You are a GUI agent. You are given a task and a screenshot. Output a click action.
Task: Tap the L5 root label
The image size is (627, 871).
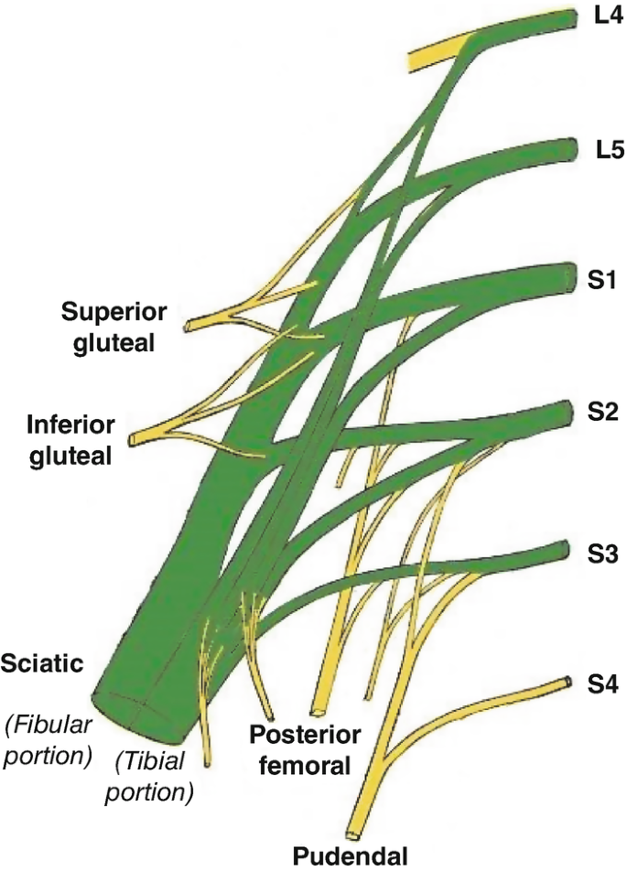pyautogui.click(x=599, y=148)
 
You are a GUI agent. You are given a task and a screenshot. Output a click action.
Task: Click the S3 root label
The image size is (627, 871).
pyautogui.click(x=599, y=553)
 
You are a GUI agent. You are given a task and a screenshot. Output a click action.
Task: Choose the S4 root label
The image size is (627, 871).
pyautogui.click(x=599, y=683)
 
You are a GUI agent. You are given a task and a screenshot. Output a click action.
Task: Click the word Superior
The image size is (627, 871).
pyautogui.click(x=114, y=312)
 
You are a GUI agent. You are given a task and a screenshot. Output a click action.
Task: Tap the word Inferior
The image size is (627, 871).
pyautogui.click(x=71, y=426)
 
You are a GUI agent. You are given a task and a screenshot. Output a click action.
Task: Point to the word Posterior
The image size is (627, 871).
pyautogui.click(x=305, y=737)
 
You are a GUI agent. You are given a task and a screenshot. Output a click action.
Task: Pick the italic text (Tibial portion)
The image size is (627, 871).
pyautogui.click(x=150, y=776)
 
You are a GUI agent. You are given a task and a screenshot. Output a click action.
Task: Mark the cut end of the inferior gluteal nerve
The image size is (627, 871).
pyautogui.click(x=135, y=441)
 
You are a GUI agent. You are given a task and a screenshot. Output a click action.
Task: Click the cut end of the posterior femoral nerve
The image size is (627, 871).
pyautogui.click(x=318, y=709)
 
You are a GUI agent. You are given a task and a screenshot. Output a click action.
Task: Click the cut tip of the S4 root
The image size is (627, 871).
pyautogui.click(x=568, y=683)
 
